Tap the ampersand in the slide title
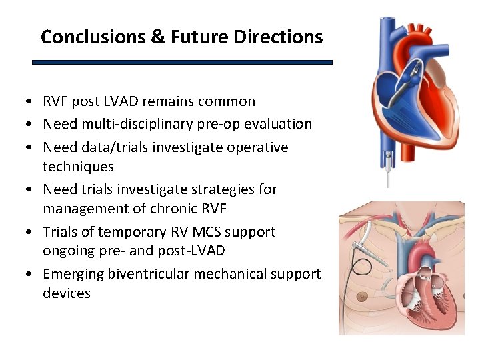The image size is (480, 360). click(158, 37)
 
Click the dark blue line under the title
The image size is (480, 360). click(182, 62)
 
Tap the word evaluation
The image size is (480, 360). click(280, 124)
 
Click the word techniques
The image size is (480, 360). click(78, 167)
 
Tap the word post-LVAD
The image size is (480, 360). click(194, 251)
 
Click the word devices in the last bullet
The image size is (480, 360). click(67, 293)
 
